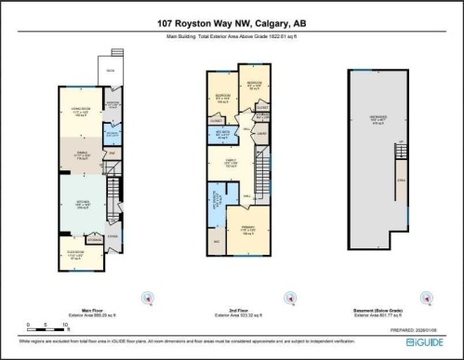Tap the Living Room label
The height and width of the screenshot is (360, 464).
tap(78, 113)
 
